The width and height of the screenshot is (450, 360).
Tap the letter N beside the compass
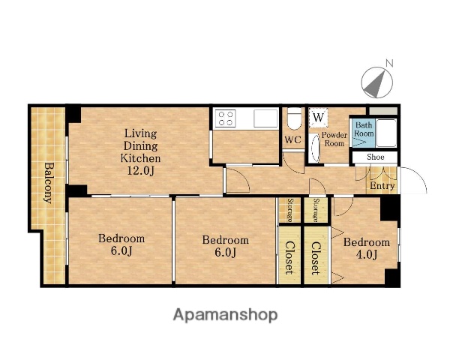tap(388, 63)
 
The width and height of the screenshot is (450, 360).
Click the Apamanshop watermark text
tap(225, 315)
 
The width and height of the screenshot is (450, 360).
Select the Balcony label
tap(49, 183)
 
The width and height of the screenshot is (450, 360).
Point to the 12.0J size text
tap(141, 171)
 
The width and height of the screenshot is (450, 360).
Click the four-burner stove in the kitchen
tap(226, 118)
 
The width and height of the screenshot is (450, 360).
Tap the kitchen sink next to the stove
tap(265, 118)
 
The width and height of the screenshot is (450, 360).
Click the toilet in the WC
tap(294, 118)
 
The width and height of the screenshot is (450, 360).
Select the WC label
tap(293, 140)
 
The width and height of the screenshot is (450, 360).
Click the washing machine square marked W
tap(318, 117)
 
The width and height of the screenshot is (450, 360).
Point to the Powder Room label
tap(334, 139)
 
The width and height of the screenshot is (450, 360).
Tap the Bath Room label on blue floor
tap(364, 130)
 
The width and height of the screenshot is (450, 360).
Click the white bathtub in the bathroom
tap(386, 133)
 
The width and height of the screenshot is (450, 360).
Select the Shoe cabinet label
tap(376, 157)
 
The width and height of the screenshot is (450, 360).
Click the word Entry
tap(382, 186)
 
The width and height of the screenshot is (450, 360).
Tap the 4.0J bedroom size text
tap(367, 254)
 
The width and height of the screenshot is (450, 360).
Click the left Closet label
tap(289, 257)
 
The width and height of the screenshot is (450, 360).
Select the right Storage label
tap(316, 210)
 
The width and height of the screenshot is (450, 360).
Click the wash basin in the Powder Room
tap(315, 148)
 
